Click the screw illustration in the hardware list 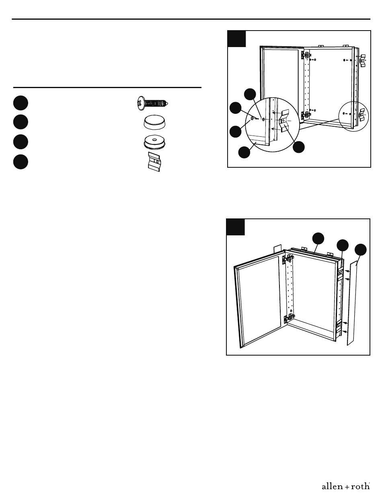pos(152,103)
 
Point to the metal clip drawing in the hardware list pos(154,162)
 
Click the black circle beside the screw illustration pos(21,103)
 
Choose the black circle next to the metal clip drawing pos(21,162)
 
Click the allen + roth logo pos(345,486)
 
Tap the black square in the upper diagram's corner pos(236,39)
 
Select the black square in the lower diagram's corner pos(236,227)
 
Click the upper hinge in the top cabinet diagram pos(306,55)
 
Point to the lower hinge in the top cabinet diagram pos(306,115)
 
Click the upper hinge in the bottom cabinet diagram pos(288,259)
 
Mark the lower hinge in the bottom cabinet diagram pos(289,318)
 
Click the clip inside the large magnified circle pos(285,121)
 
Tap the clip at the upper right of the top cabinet pos(362,61)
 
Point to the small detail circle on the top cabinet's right pos(353,116)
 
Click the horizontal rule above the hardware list pos(107,87)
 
